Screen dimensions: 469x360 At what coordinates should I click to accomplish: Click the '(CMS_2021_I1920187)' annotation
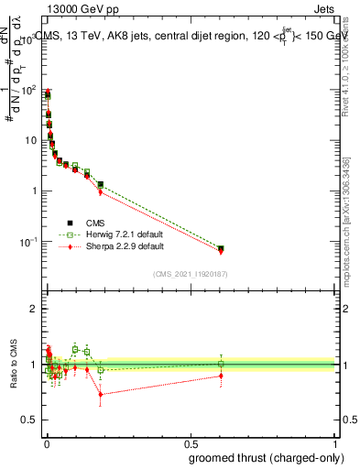191,273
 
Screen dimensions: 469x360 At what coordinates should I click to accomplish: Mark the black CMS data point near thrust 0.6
221,248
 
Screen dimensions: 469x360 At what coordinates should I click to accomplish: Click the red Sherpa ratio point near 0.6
221,376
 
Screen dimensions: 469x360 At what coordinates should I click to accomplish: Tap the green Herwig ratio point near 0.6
221,364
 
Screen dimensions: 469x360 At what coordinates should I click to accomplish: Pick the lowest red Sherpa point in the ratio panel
101,395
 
